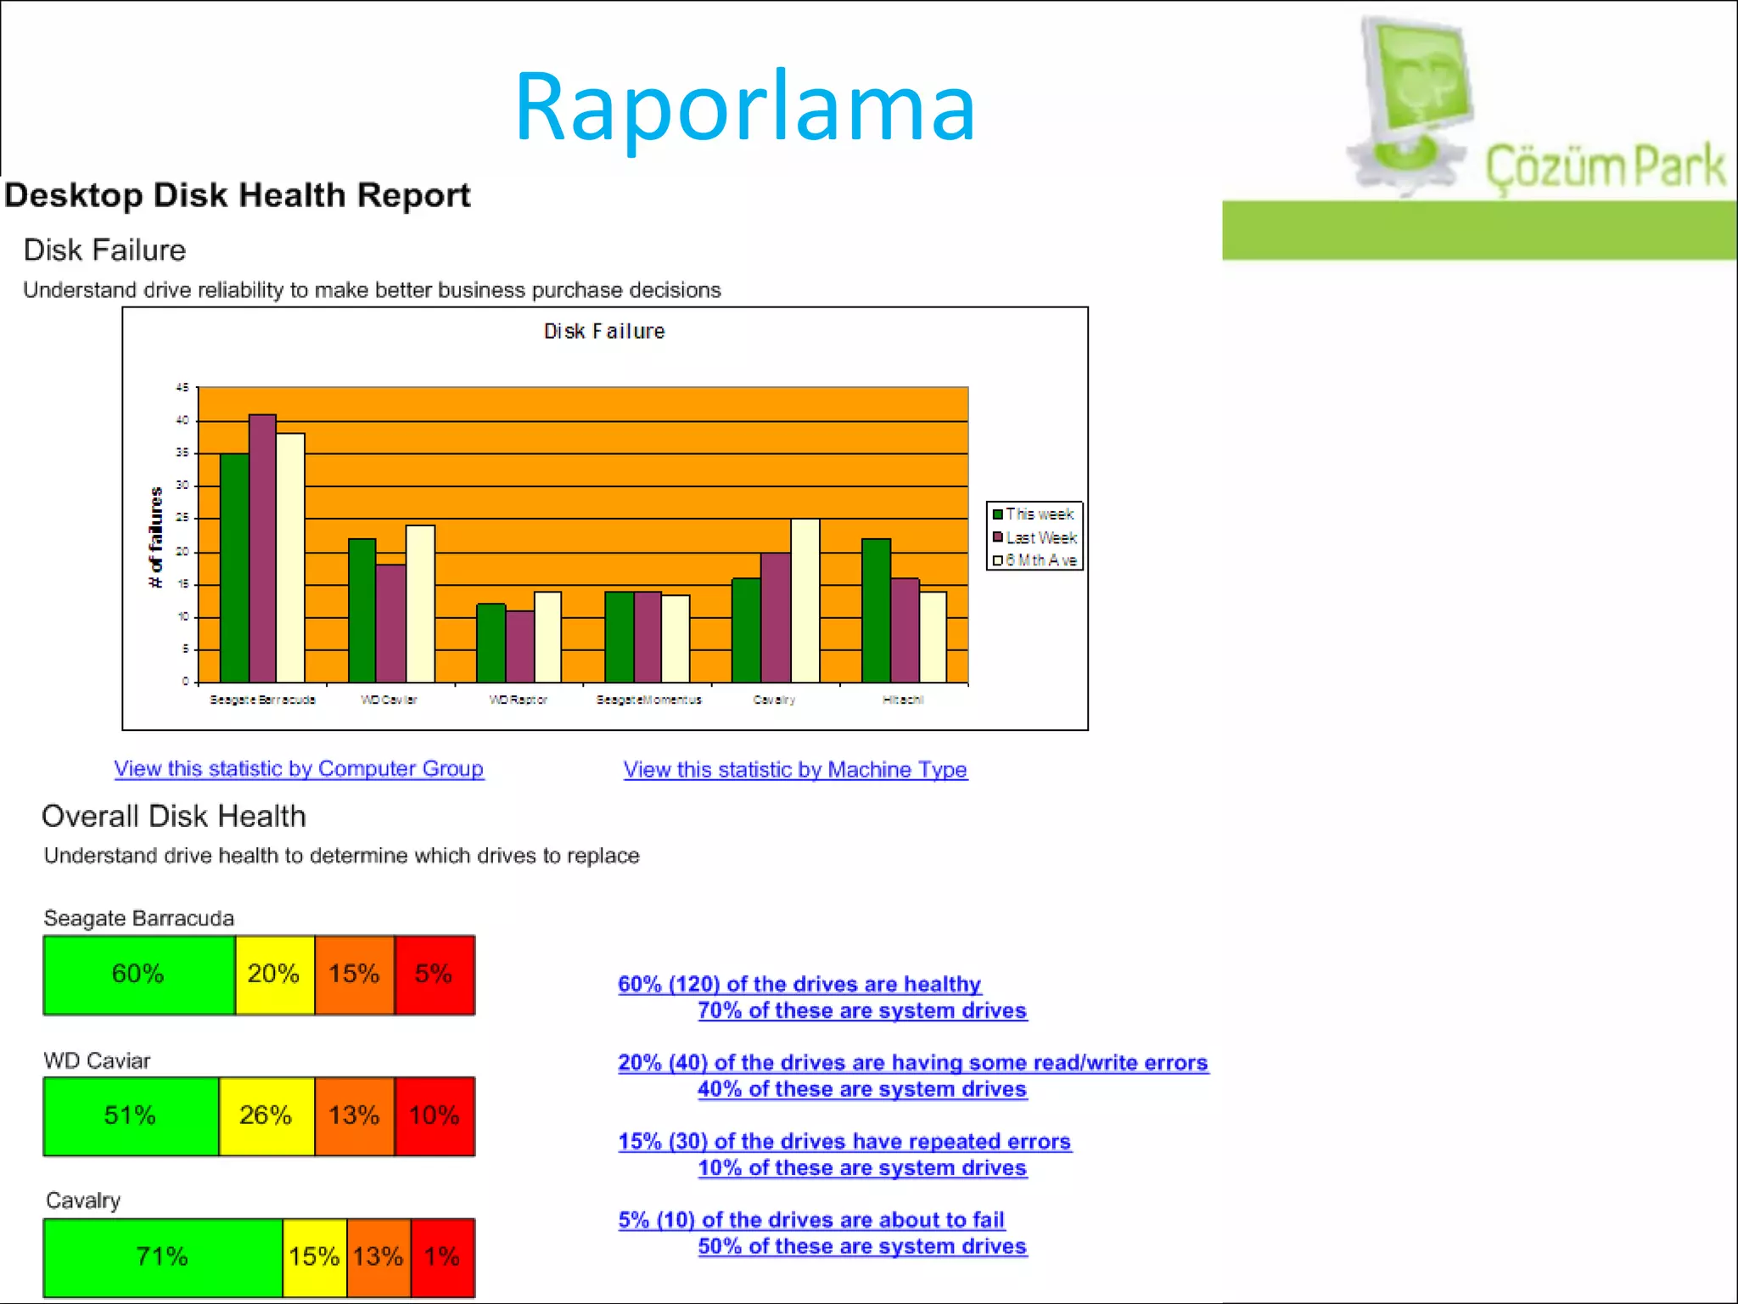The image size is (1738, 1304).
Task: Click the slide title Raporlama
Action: (744, 108)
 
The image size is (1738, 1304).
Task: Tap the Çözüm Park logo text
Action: (1605, 167)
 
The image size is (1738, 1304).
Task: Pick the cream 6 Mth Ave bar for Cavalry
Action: (805, 600)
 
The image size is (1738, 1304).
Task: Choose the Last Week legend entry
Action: (1034, 537)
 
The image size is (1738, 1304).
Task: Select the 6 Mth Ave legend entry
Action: (1034, 560)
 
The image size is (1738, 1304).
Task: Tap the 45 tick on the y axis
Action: (182, 388)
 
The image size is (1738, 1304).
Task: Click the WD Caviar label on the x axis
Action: (389, 700)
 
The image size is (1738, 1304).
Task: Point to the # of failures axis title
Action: (155, 537)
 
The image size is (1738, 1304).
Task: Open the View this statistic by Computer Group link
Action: (299, 768)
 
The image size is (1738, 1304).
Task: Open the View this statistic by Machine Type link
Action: (795, 769)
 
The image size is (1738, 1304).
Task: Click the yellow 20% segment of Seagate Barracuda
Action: (274, 974)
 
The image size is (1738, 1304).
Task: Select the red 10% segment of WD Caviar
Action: (434, 1116)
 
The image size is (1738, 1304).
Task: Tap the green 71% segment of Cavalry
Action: (162, 1256)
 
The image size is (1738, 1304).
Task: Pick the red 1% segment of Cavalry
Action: (442, 1256)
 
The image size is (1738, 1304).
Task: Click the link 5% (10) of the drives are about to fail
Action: (811, 1220)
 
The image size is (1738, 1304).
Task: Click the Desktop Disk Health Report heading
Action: (237, 195)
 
